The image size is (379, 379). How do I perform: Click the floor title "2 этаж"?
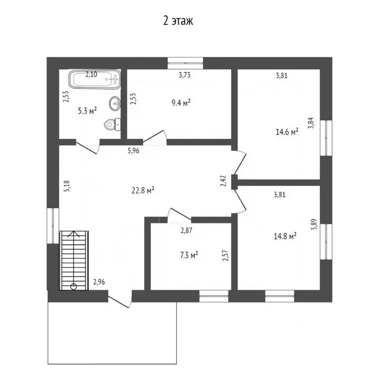click(x=178, y=21)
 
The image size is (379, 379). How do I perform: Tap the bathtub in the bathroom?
click(x=95, y=79)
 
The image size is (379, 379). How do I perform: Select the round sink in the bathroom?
click(x=115, y=104)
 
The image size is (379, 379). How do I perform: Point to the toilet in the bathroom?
click(x=113, y=124)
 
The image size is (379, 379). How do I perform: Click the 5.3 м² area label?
click(x=87, y=111)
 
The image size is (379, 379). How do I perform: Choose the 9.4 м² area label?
click(x=181, y=103)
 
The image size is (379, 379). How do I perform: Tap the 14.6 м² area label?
click(x=287, y=132)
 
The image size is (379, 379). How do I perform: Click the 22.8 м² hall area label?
click(x=143, y=190)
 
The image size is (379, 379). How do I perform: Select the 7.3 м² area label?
click(x=189, y=255)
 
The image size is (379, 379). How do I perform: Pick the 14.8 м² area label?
click(x=285, y=236)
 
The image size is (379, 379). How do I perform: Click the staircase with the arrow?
click(x=74, y=261)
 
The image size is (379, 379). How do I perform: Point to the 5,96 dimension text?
click(x=133, y=151)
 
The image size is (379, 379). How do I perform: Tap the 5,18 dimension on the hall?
click(x=67, y=186)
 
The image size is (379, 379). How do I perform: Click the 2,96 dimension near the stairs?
click(x=99, y=282)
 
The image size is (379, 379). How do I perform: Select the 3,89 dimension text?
click(x=314, y=224)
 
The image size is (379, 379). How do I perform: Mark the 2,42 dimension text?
click(x=224, y=181)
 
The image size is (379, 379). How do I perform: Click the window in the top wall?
click(x=186, y=63)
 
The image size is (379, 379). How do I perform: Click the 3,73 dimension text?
click(x=185, y=75)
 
